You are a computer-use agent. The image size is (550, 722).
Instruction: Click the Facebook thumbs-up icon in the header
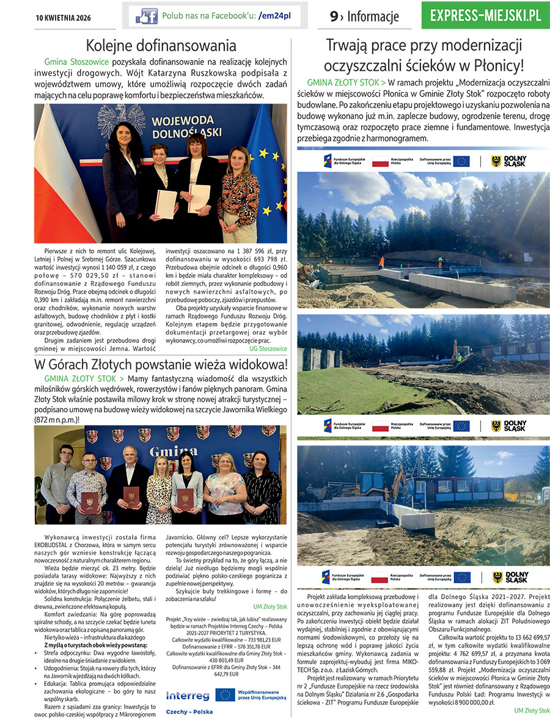click(147, 16)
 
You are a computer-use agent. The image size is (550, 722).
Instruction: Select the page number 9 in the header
click(334, 17)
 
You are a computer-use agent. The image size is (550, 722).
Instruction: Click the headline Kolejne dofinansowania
click(161, 46)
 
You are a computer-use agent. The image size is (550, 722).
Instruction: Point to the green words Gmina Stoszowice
click(77, 62)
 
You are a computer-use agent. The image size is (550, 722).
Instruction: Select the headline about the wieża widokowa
click(161, 365)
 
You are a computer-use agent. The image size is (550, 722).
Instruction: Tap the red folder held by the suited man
click(131, 495)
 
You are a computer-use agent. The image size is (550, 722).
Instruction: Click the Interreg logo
click(187, 695)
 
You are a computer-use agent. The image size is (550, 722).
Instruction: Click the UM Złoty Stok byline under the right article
click(532, 710)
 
